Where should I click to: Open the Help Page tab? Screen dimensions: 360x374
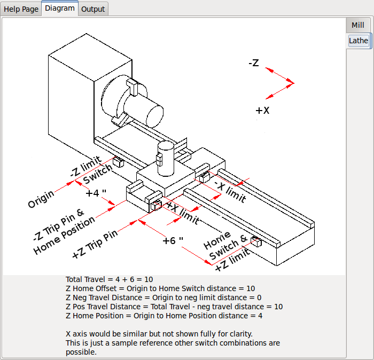click(x=21, y=9)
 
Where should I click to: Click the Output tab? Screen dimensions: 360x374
click(x=93, y=9)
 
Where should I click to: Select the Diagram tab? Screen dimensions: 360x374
click(x=60, y=9)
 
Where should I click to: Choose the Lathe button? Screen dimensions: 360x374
click(x=358, y=41)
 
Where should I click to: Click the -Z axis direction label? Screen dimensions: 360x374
click(x=254, y=63)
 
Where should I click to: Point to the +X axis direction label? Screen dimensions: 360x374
click(x=262, y=111)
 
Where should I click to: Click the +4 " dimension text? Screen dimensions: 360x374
click(x=96, y=193)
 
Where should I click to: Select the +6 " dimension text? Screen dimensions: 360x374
click(x=173, y=240)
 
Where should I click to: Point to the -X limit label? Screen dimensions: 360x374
click(x=230, y=191)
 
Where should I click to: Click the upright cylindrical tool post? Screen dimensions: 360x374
click(x=166, y=159)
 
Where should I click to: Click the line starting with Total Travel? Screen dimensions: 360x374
click(x=110, y=279)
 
